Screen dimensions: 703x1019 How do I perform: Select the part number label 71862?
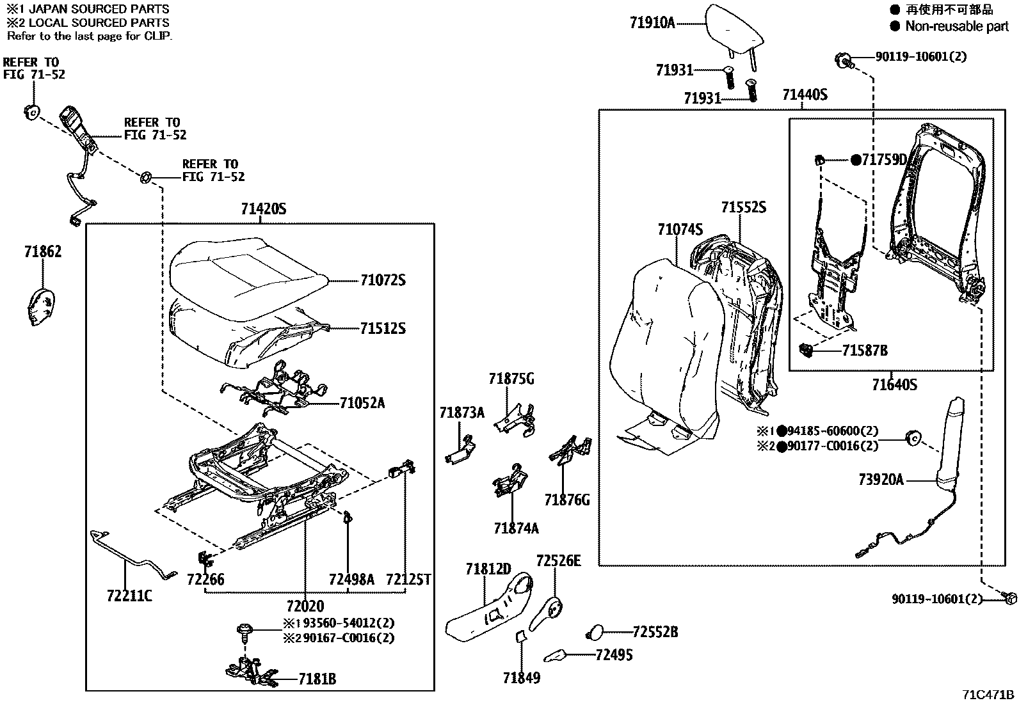click(43, 252)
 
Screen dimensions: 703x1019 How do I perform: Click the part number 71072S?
click(383, 280)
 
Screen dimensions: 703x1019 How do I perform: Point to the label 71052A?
click(362, 403)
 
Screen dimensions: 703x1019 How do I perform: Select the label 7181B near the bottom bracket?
click(317, 680)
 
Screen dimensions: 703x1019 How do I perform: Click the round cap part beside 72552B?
click(595, 633)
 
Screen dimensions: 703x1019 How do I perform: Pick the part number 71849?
click(522, 678)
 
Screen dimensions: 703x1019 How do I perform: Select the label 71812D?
click(488, 569)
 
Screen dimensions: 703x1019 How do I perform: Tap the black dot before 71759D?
click(856, 160)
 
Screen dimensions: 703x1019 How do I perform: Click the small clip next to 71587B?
click(806, 349)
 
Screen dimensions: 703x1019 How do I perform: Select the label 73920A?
click(881, 480)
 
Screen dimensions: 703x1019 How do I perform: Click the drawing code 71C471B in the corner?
click(988, 695)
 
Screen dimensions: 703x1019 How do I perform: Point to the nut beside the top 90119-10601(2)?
click(842, 60)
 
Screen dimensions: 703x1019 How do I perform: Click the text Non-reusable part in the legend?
click(956, 26)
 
